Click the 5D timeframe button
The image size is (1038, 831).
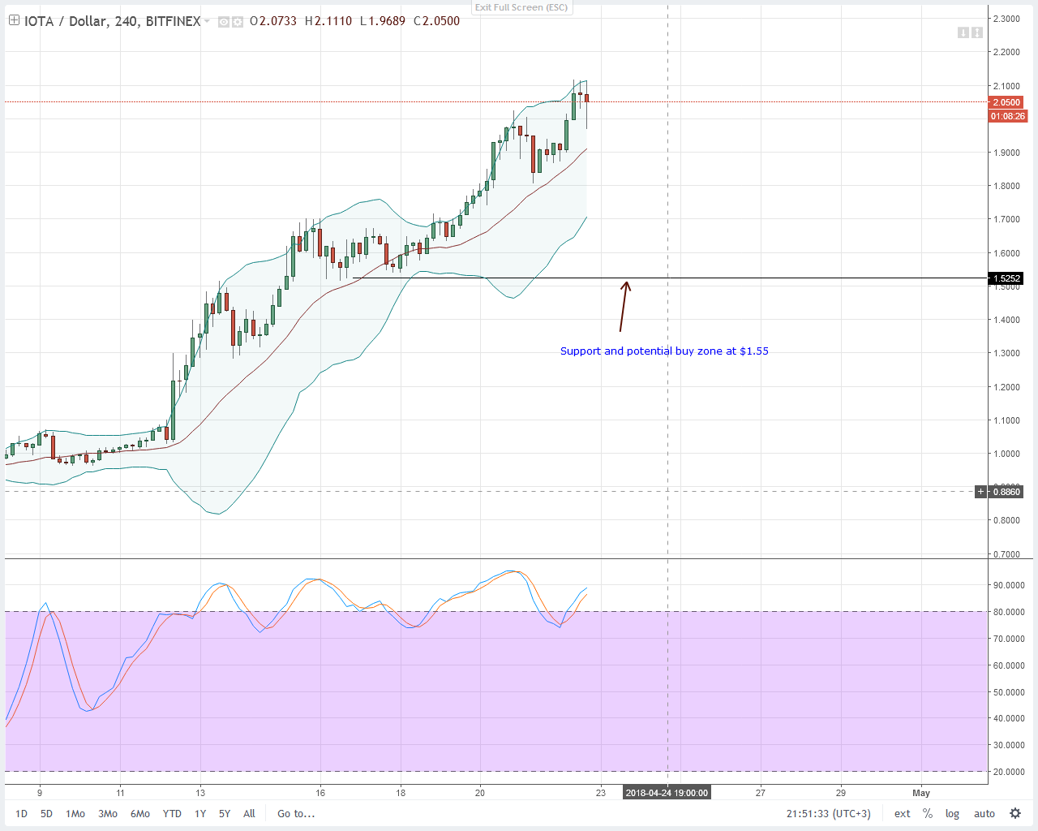46,813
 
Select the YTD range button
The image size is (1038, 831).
172,813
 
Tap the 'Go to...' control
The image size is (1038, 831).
296,813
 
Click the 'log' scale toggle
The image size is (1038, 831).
952,813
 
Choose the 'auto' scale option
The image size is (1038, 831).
984,813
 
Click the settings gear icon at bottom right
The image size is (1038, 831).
1015,813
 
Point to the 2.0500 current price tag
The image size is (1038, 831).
1006,102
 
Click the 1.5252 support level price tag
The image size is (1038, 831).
1006,278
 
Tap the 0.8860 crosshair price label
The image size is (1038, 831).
1006,491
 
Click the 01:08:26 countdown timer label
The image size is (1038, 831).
1007,116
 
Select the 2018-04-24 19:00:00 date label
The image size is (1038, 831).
667,793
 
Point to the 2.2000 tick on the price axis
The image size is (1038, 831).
1006,52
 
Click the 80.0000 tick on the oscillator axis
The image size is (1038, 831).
1009,612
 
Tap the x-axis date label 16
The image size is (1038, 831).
320,793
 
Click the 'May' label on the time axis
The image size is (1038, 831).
920,793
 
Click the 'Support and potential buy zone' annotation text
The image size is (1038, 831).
664,351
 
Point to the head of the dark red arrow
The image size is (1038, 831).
626,283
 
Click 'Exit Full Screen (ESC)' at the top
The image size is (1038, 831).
521,7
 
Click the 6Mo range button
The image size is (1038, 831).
140,813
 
